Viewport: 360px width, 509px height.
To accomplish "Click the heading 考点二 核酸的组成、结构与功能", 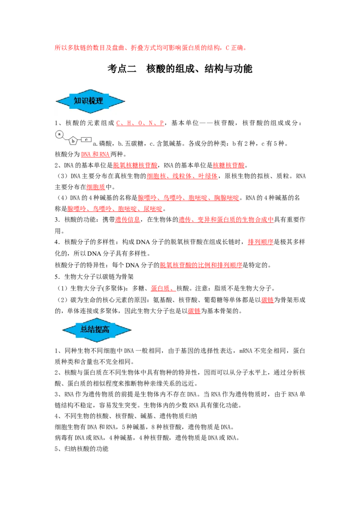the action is coord(180,69).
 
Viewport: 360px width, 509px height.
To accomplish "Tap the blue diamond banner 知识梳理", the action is coord(90,101).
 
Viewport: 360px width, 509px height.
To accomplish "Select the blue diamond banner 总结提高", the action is coord(96,330).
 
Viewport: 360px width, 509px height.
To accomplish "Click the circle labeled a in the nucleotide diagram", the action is coord(59,134).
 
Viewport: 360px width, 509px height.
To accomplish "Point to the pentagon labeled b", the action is coord(73,141).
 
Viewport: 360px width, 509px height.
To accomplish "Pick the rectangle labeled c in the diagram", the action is coord(86,139).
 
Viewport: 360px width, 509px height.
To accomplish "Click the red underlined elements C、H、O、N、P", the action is coord(140,123).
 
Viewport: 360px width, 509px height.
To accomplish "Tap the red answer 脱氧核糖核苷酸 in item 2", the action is coord(135,165).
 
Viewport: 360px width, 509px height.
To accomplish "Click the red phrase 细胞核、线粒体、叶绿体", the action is coord(182,176).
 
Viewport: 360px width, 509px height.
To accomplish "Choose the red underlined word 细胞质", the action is coord(96,187).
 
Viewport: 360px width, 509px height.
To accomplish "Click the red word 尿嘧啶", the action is coord(153,209).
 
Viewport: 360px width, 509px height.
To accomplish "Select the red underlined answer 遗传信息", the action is coord(127,220).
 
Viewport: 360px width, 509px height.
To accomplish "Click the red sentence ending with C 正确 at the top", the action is coord(151,48).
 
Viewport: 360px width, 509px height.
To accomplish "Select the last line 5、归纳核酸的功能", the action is coord(81,449).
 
